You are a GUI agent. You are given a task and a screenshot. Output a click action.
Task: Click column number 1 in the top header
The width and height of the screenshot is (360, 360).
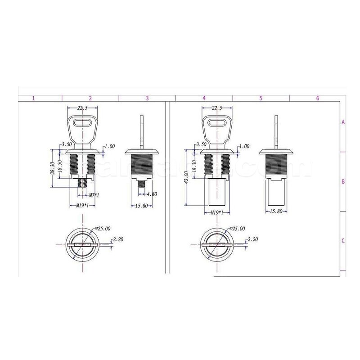click(x=33, y=98)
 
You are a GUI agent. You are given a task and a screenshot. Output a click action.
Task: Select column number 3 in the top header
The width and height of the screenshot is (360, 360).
click(x=147, y=98)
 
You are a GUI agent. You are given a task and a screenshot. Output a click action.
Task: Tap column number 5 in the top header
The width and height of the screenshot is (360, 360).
click(x=261, y=98)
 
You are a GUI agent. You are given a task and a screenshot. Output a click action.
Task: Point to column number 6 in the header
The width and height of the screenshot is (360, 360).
click(x=317, y=98)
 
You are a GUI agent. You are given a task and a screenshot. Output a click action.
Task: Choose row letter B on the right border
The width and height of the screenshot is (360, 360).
click(x=343, y=182)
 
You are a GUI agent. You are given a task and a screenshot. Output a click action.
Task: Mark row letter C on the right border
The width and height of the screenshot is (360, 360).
click(x=343, y=241)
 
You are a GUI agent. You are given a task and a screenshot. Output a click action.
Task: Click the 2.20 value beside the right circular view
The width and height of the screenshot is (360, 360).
click(x=254, y=240)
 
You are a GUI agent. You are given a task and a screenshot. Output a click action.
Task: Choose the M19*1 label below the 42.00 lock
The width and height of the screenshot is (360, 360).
click(x=217, y=212)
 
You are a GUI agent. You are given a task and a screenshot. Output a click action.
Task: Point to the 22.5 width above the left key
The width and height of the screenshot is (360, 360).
click(x=82, y=108)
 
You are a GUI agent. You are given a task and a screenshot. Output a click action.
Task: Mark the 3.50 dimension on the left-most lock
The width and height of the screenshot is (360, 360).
click(x=67, y=144)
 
